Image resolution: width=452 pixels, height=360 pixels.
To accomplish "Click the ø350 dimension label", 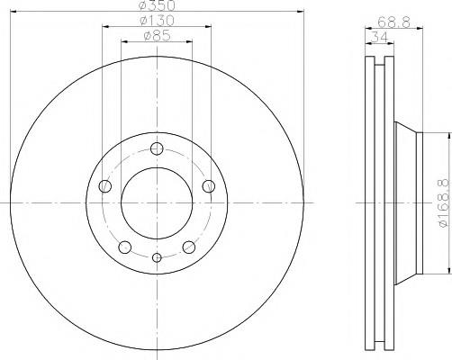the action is point(158,4).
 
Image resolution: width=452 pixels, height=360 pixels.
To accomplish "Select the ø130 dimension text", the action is point(158,21).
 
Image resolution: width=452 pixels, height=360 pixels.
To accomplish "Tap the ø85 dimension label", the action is point(158,36).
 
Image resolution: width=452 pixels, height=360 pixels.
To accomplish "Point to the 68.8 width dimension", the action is point(393,22).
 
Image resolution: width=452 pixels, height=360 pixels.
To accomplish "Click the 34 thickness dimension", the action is point(379,38).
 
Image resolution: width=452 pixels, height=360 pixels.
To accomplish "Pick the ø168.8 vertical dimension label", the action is point(446,203).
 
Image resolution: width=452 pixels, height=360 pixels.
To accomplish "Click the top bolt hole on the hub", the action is point(157,148).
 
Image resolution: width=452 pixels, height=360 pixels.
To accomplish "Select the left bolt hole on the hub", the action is point(104,186).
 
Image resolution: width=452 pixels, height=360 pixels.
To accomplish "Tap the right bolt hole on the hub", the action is point(209,186).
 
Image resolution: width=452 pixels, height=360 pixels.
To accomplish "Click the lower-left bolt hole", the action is point(125,247).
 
